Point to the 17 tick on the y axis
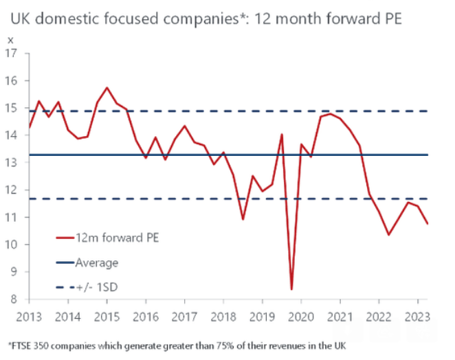point(12,53)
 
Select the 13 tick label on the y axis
point(12,162)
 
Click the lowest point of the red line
point(291,289)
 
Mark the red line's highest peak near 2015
point(107,88)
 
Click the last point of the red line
point(428,223)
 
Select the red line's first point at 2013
point(29,127)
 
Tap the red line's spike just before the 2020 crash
point(282,134)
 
